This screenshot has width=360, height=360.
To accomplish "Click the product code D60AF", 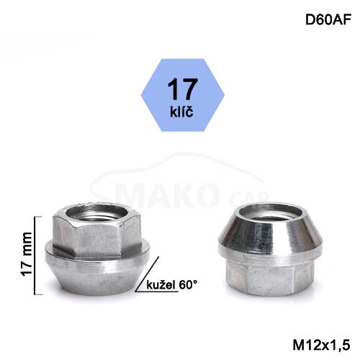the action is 328,19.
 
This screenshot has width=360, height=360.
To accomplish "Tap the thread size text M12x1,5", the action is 321,346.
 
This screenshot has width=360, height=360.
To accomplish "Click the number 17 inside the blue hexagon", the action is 182,89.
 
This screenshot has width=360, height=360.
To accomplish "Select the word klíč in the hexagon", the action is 181,111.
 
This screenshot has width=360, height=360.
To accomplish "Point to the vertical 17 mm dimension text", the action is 27,254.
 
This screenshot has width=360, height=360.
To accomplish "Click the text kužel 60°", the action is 171,285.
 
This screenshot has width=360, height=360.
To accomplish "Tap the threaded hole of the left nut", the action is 96,214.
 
